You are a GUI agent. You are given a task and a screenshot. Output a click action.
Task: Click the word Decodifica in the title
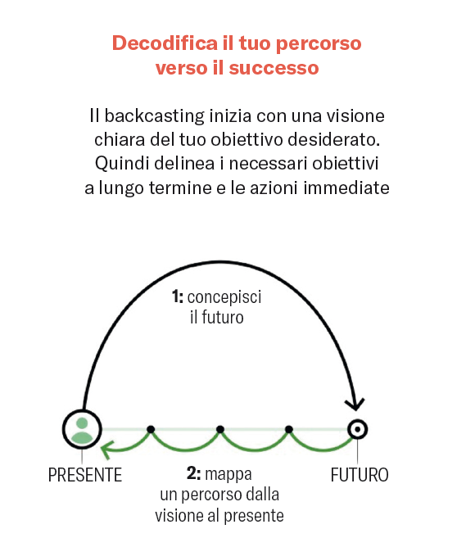click(x=165, y=43)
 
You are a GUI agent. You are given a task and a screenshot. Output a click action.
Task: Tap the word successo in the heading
click(x=274, y=68)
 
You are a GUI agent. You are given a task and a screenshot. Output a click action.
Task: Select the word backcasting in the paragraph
click(x=154, y=116)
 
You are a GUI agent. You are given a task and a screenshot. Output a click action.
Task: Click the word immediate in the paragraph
click(x=346, y=188)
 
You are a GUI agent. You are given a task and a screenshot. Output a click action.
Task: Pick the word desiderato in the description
click(x=334, y=139)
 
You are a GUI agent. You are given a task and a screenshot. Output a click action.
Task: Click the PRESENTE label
click(x=85, y=475)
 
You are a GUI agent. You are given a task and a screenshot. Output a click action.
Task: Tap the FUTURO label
click(x=360, y=475)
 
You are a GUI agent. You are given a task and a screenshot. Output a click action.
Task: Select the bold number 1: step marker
click(x=178, y=297)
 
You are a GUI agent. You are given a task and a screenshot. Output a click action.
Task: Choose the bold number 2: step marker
click(x=194, y=473)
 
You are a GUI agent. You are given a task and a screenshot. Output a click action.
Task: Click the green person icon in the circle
click(x=82, y=430)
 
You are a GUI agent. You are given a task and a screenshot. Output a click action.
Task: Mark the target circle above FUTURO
click(x=357, y=429)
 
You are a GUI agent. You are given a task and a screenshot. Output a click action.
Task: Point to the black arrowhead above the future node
click(x=355, y=404)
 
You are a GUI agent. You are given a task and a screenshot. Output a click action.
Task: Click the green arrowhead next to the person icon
click(x=106, y=450)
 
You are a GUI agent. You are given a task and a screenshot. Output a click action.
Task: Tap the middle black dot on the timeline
click(x=219, y=429)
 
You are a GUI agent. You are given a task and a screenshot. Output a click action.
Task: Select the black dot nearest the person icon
click(x=151, y=429)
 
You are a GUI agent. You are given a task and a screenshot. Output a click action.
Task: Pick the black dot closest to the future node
click(x=289, y=429)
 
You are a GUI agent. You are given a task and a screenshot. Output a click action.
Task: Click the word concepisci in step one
click(x=224, y=297)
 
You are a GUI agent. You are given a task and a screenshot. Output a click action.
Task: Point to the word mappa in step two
click(x=228, y=474)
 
